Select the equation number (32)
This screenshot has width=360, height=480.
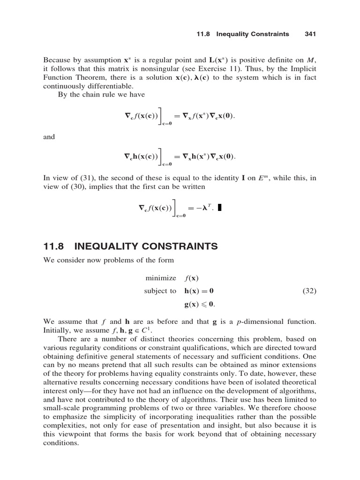point(308,291)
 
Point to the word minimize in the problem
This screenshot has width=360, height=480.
point(161,278)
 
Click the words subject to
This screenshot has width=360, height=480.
point(160,291)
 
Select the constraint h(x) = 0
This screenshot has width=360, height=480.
point(199,291)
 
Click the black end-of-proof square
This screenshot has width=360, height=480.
point(219,209)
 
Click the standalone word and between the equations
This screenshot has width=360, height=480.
point(49,137)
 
